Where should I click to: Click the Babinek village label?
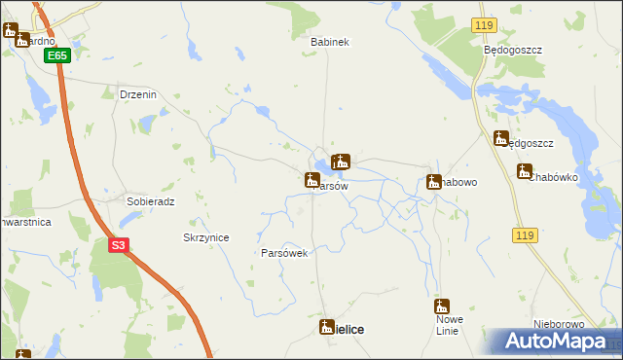pos(329,43)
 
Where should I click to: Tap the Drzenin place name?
pos(137,94)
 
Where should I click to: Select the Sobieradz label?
pos(150,201)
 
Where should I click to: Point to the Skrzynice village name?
pos(205,237)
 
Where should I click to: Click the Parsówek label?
pos(284,253)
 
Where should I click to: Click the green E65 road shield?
pos(57,56)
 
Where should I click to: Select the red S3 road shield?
pos(118,246)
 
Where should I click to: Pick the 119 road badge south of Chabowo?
pos(525,235)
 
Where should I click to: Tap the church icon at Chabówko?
pos(525,172)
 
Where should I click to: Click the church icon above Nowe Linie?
pos(442,306)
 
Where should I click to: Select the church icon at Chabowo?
pos(433,181)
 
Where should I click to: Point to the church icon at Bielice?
pos(328,328)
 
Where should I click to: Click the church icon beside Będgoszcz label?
pos(501,138)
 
